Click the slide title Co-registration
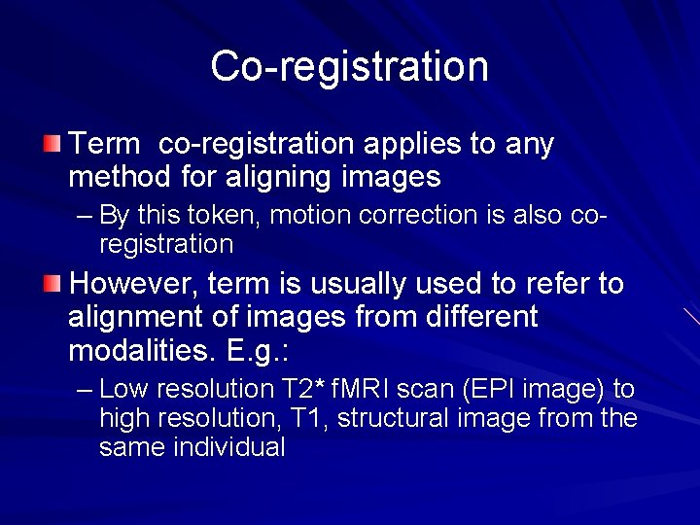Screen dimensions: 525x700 [349, 66]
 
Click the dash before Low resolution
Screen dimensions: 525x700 [84, 390]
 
